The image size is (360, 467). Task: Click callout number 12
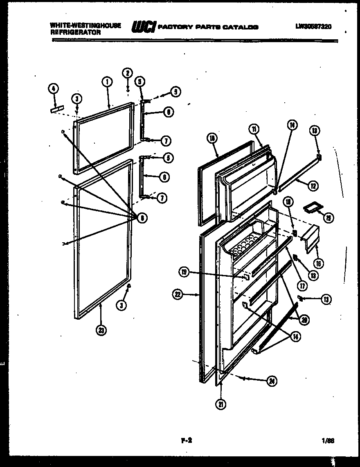[x=313, y=186]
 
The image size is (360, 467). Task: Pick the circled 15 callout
[x=328, y=217]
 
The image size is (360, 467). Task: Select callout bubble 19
[x=184, y=272]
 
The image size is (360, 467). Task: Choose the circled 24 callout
[x=271, y=381]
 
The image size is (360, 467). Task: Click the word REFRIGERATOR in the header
[x=76, y=32]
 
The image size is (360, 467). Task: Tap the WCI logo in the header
[x=143, y=27]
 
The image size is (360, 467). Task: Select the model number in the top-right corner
[x=313, y=27]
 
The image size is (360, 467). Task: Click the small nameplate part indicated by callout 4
[x=57, y=108]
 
